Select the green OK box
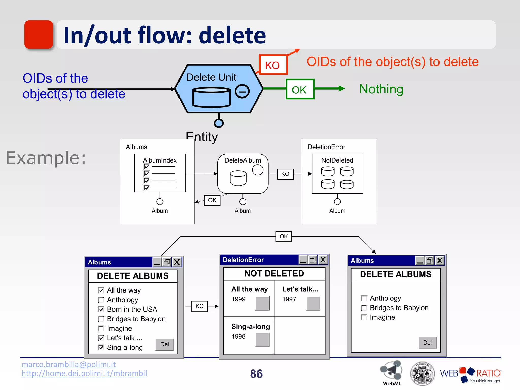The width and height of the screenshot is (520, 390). click(x=300, y=89)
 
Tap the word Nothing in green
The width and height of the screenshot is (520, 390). click(x=381, y=89)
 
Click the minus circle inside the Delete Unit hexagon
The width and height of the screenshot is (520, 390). click(x=242, y=91)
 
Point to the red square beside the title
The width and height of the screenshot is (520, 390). click(x=39, y=35)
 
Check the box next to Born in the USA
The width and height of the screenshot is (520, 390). click(x=101, y=310)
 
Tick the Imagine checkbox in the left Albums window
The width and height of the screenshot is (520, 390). click(x=101, y=329)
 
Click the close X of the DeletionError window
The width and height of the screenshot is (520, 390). click(x=323, y=260)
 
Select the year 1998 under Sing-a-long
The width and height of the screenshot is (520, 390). click(x=238, y=336)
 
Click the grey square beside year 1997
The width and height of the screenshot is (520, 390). click(x=313, y=303)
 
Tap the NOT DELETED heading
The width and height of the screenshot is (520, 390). click(x=274, y=273)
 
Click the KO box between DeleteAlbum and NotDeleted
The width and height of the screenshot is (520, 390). click(x=285, y=174)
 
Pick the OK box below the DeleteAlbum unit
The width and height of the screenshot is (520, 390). click(x=212, y=200)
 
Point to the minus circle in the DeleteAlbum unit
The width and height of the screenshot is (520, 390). click(x=258, y=170)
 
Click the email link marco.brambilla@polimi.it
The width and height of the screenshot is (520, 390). click(x=69, y=364)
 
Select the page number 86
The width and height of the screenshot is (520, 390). click(x=256, y=374)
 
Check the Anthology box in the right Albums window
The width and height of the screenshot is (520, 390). click(x=364, y=298)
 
